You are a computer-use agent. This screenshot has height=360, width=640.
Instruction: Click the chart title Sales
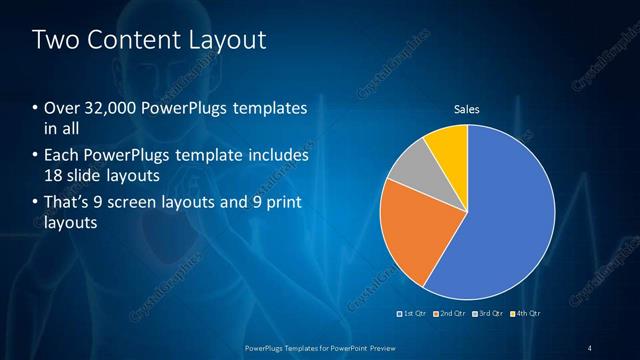coord(467,108)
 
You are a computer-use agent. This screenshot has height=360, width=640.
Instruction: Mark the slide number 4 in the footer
coord(589,346)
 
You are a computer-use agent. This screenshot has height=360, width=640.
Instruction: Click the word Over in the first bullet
coord(60,108)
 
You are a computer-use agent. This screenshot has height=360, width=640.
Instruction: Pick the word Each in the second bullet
coord(61,156)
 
